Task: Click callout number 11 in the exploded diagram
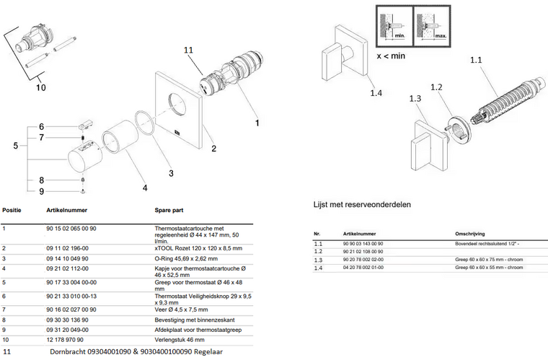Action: coord(189,50)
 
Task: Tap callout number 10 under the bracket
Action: coord(41,87)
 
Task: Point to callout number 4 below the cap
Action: coord(144,188)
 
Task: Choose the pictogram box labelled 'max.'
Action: coord(430,25)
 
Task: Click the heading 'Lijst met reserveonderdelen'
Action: coord(362,204)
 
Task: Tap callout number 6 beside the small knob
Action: coord(41,126)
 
